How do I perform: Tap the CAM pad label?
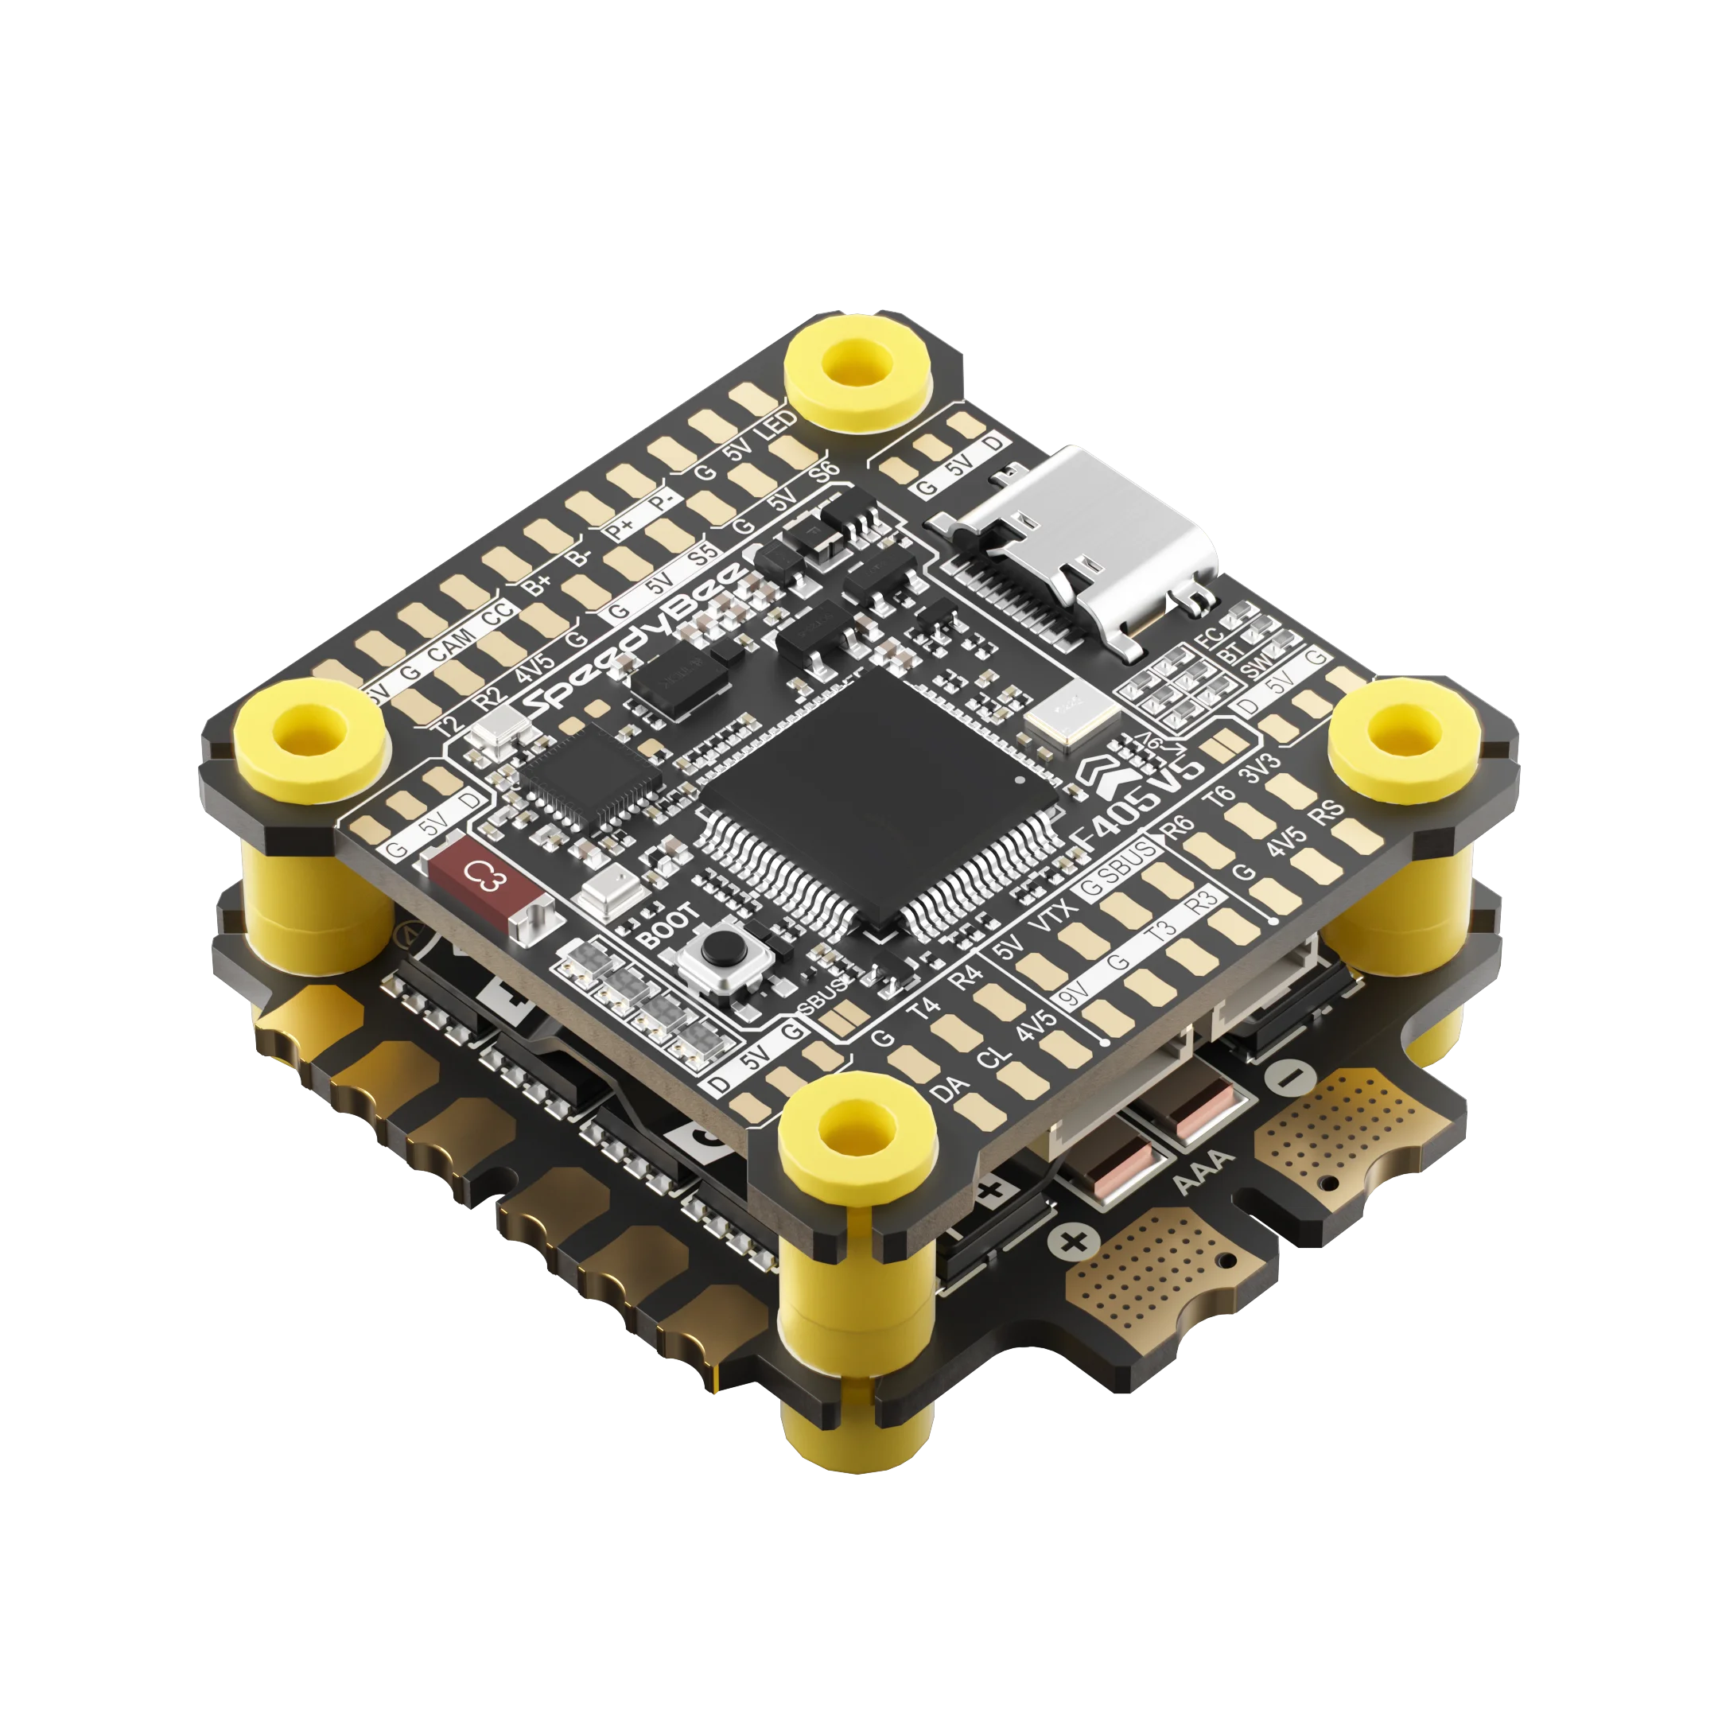[x=453, y=646]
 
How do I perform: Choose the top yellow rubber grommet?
[x=858, y=366]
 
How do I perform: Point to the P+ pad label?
[x=618, y=531]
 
